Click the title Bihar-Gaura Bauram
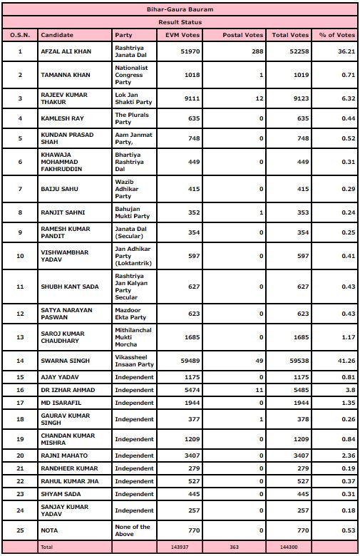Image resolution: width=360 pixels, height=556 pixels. [180, 10]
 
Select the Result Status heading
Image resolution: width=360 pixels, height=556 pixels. [180, 22]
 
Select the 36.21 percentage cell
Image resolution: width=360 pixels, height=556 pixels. [341, 51]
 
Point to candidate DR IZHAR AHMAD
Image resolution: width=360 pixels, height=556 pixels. [68, 390]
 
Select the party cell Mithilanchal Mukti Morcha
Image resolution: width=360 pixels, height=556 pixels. [133, 338]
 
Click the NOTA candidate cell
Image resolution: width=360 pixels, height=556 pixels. [50, 530]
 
